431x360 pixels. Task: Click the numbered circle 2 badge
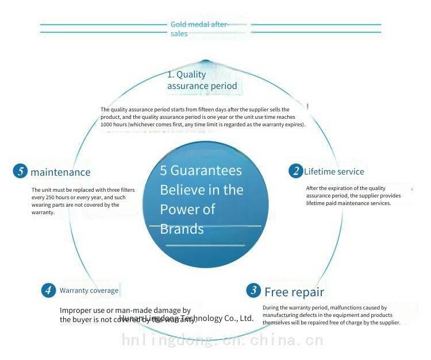click(296, 171)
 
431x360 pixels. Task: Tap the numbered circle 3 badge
click(253, 290)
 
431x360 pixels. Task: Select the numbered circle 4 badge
click(49, 290)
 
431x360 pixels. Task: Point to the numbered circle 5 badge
click(20, 171)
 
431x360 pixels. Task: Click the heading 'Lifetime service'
click(334, 172)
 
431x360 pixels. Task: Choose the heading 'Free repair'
click(294, 291)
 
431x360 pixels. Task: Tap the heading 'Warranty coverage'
click(89, 291)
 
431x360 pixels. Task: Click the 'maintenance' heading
click(60, 172)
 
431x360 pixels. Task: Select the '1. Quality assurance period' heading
click(202, 80)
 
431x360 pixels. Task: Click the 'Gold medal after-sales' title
click(199, 29)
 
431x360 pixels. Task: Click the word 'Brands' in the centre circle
click(182, 229)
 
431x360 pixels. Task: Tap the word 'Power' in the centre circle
click(178, 209)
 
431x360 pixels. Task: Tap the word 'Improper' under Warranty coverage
click(75, 311)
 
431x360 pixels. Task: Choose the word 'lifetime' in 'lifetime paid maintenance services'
click(317, 203)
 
